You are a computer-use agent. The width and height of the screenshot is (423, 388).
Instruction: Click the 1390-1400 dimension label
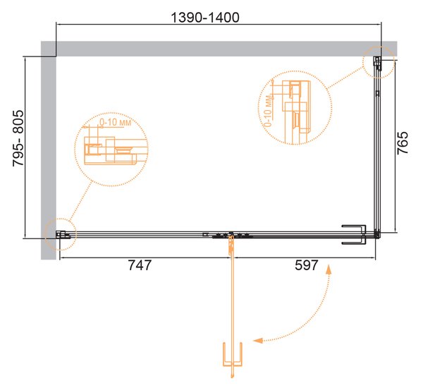[205, 18]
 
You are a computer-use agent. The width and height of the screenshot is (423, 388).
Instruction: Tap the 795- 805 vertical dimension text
[18, 138]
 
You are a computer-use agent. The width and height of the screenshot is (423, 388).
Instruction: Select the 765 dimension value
[403, 143]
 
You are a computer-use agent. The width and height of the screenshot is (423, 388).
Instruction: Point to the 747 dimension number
[140, 265]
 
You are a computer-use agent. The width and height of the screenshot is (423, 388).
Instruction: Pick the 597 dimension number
[307, 265]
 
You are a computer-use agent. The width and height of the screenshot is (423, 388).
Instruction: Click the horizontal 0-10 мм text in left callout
[115, 122]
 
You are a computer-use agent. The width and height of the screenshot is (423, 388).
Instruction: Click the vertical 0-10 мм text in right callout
[268, 111]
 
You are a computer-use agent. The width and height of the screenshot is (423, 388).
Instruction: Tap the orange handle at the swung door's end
[233, 354]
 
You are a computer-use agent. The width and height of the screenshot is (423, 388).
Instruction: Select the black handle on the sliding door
[354, 234]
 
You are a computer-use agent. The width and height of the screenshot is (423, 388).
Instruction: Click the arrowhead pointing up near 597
[329, 269]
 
